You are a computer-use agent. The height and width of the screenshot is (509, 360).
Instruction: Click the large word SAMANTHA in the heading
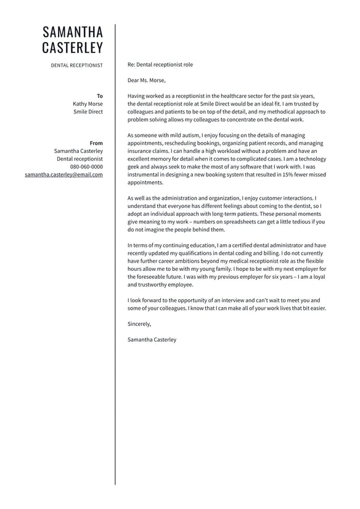[73, 32]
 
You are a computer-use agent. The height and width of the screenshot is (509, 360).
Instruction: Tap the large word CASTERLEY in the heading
[73, 48]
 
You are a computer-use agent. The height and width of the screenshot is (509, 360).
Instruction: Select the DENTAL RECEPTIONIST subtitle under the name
[77, 65]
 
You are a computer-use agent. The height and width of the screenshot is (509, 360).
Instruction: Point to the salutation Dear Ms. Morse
[147, 80]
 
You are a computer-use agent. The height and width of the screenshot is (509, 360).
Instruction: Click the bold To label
[100, 96]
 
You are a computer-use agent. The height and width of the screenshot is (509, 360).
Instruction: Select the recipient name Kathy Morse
[88, 104]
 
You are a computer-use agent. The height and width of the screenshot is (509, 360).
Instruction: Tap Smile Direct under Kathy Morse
[88, 112]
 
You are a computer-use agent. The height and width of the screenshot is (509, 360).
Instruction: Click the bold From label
[96, 143]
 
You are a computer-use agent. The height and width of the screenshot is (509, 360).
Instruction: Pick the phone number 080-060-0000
[86, 167]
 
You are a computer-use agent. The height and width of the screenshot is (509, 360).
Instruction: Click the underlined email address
[63, 175]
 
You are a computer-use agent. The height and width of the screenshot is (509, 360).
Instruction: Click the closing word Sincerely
[139, 324]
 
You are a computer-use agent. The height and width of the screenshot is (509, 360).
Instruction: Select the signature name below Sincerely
[152, 339]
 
